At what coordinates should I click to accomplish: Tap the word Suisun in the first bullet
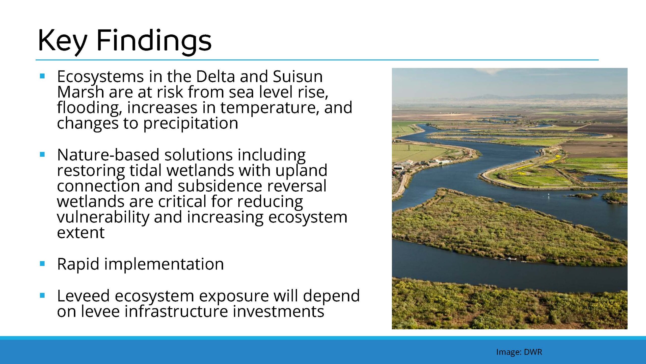298,76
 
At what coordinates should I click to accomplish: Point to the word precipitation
191,124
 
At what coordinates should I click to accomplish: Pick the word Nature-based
108,155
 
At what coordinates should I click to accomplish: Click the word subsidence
220,186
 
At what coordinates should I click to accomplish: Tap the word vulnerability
103,218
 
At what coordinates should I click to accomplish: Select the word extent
81,233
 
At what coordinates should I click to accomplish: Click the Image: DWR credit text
519,352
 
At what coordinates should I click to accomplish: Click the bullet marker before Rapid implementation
42,264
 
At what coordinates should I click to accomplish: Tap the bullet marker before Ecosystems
42,76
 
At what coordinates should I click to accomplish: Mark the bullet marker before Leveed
42,295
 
